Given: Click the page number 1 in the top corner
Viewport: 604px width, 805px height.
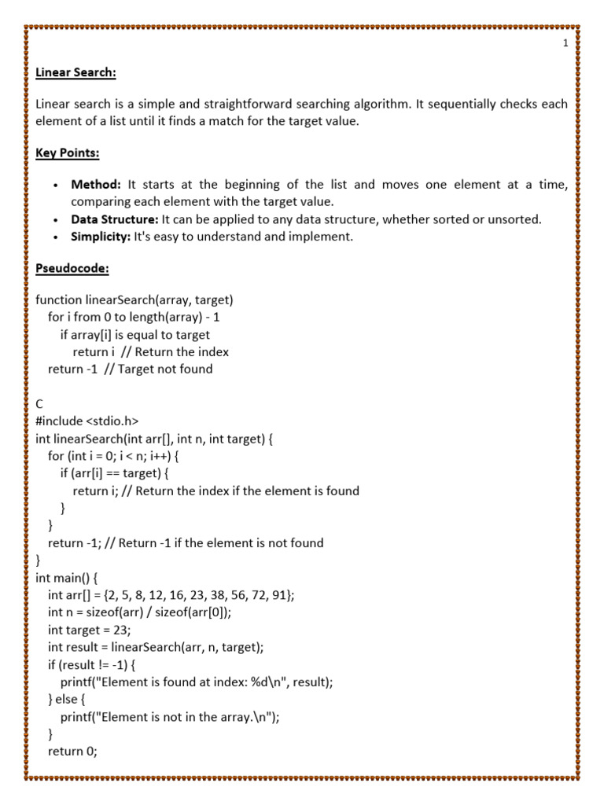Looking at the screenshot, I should [565, 44].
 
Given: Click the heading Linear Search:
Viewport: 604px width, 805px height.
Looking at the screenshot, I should [75, 73].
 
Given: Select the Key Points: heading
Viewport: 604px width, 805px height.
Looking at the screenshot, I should [67, 153].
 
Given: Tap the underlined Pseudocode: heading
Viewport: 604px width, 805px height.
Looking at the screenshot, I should [72, 269].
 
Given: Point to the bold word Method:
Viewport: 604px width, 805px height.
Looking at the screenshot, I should [96, 185].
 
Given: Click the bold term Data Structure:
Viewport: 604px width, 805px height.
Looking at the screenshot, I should [115, 219].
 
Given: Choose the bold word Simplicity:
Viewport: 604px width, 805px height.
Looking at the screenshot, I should [101, 237].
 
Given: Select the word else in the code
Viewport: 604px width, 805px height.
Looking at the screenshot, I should [68, 700].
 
